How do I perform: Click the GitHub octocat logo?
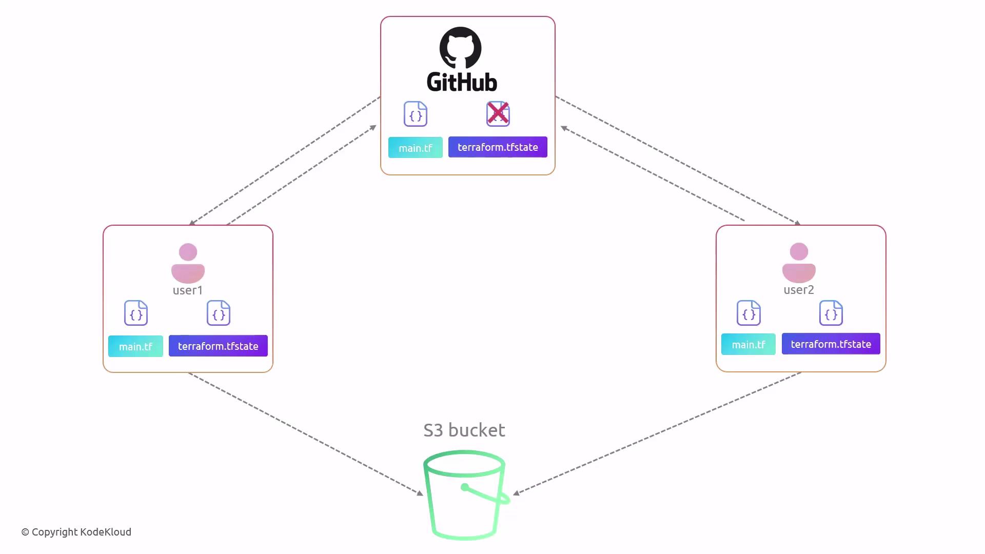tap(460, 48)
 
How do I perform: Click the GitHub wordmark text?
tap(462, 82)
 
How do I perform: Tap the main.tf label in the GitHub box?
tap(416, 148)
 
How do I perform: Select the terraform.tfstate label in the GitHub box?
tap(498, 147)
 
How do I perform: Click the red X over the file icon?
tap(498, 113)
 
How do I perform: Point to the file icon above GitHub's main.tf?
tap(416, 114)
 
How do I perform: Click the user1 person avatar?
tap(188, 263)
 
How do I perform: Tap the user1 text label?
tap(188, 290)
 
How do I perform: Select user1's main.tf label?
tap(135, 346)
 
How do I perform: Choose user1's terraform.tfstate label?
tap(218, 346)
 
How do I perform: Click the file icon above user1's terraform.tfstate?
tap(219, 313)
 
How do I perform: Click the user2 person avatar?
tap(799, 263)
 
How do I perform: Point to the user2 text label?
tap(799, 290)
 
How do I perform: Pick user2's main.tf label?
tap(748, 344)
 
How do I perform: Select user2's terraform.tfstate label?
tap(831, 344)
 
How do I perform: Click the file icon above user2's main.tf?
tap(749, 313)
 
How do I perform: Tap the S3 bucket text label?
tap(464, 430)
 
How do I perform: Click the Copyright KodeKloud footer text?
tap(76, 532)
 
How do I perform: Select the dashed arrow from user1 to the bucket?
tap(306, 434)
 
